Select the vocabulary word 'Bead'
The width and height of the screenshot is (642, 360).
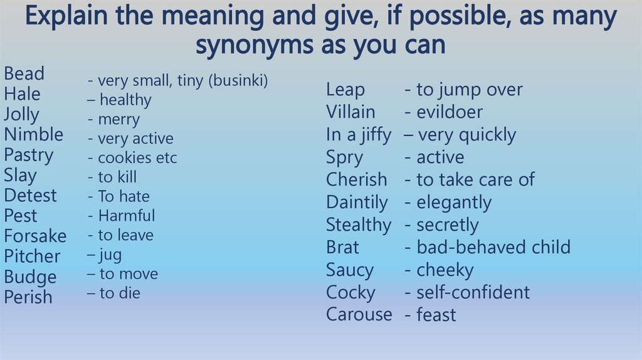point(24,74)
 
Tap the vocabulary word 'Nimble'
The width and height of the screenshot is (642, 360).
point(33,135)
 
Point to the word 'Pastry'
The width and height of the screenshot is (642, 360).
point(28,155)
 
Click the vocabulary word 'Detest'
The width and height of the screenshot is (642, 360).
point(30,196)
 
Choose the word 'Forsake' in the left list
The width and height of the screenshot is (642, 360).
point(35,236)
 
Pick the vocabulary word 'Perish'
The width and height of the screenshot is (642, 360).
point(28,297)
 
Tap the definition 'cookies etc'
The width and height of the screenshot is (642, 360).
point(137,158)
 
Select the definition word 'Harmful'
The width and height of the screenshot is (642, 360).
point(126,216)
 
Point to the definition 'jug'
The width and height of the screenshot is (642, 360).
point(110,255)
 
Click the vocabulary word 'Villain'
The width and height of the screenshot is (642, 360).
point(350,112)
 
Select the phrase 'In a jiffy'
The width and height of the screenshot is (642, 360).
point(358,135)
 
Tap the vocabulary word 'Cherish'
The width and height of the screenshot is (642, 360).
point(356,180)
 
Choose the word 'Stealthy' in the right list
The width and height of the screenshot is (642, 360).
point(358,225)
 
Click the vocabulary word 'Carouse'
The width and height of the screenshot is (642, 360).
point(359,314)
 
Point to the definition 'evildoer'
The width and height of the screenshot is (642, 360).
point(450,112)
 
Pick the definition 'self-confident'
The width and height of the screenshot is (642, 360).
point(473,292)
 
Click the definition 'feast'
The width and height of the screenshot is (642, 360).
point(436,315)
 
